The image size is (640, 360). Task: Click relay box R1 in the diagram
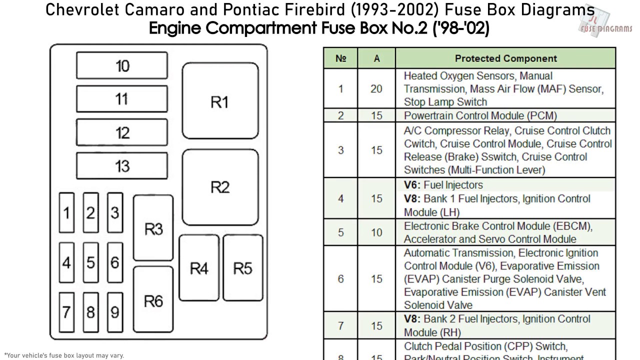click(220, 102)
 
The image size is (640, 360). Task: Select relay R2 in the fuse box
click(220, 187)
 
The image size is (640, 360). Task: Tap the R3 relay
click(153, 228)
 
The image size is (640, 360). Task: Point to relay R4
click(198, 268)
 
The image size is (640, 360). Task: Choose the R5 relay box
click(242, 268)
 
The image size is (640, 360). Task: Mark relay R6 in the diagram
click(153, 300)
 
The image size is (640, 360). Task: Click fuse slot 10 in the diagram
click(122, 65)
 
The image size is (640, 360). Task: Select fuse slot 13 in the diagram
click(122, 165)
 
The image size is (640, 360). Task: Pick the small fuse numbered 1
click(66, 213)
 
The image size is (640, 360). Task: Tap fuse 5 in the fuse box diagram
click(90, 262)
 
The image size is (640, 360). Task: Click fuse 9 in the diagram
click(114, 312)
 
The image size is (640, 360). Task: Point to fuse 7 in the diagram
click(66, 312)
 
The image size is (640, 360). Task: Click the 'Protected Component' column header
click(505, 58)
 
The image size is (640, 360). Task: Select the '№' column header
click(341, 58)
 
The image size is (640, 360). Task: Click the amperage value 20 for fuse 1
click(376, 89)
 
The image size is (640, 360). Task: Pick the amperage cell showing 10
click(376, 232)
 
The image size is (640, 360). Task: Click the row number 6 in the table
click(341, 278)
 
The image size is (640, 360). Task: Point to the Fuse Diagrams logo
click(605, 23)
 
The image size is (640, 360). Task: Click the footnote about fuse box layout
click(64, 355)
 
